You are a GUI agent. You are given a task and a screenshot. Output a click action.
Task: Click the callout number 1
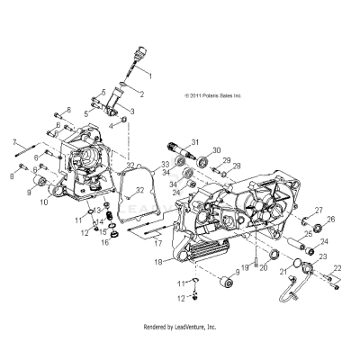pos(149,72)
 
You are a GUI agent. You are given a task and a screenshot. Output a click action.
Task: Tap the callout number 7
pos(14,142)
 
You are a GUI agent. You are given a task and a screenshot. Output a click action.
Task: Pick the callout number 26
pos(330,220)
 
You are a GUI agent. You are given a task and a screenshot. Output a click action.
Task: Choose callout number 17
pos(155,243)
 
